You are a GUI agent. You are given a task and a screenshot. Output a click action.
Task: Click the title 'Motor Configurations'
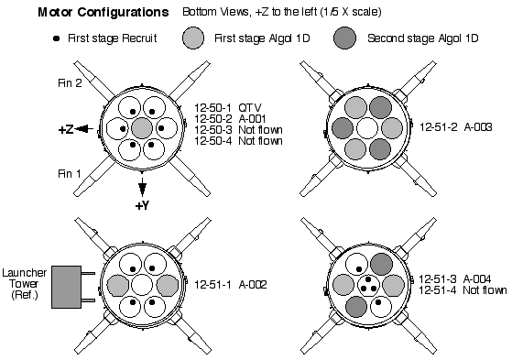103,12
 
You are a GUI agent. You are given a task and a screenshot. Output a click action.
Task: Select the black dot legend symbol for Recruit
57,38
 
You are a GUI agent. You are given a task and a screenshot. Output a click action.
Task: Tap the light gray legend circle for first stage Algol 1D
193,38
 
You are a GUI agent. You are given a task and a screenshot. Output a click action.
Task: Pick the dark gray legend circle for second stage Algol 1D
344,38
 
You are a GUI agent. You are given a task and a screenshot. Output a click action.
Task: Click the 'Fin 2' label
70,83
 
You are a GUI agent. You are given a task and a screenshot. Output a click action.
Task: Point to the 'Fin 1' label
70,173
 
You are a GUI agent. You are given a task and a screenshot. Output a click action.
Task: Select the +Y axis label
142,205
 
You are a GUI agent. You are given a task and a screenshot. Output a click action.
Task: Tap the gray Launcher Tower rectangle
67,287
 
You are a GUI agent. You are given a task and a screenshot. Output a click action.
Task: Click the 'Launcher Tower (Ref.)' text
24,284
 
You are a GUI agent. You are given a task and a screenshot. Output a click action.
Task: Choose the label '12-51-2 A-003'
455,126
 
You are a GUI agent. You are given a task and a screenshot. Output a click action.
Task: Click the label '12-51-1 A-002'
231,285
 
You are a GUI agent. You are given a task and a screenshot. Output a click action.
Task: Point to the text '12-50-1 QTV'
228,107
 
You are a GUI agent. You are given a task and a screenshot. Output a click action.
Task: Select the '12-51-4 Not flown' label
463,289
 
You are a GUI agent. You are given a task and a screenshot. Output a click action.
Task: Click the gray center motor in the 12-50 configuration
142,128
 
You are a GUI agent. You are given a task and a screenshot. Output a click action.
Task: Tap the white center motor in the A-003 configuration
367,128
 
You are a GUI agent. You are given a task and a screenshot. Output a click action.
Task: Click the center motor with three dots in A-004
368,285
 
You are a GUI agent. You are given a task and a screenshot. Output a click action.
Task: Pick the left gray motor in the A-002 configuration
117,285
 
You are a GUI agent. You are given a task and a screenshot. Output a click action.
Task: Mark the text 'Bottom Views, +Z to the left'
250,12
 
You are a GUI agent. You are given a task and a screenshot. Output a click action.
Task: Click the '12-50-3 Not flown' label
238,130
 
